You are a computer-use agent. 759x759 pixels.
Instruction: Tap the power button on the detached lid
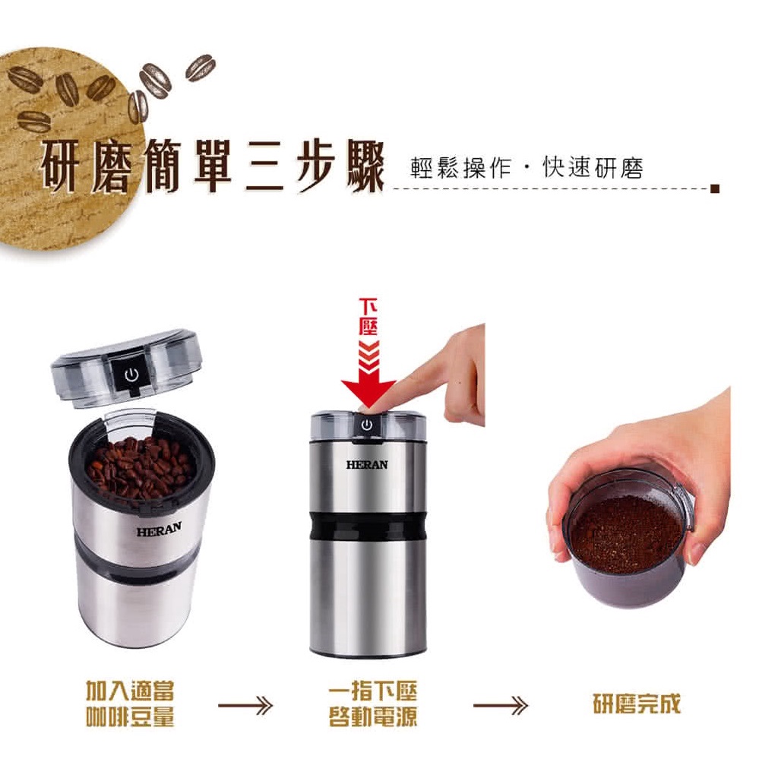(x=131, y=374)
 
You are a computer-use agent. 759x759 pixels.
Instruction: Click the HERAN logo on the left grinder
(x=159, y=530)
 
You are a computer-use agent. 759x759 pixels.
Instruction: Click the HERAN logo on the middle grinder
(x=367, y=465)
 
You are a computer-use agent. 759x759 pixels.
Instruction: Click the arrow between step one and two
(x=245, y=705)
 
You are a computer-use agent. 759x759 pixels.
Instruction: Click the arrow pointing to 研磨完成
(x=501, y=705)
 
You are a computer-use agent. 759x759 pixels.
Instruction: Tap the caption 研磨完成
(x=637, y=704)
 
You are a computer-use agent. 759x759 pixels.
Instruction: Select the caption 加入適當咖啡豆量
(x=130, y=704)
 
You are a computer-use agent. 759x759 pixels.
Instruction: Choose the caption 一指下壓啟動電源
(x=372, y=704)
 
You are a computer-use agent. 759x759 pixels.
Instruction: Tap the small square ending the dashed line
(x=715, y=188)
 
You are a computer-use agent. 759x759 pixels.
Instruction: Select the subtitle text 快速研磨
(x=593, y=168)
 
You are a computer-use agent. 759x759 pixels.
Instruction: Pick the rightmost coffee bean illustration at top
(x=201, y=68)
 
